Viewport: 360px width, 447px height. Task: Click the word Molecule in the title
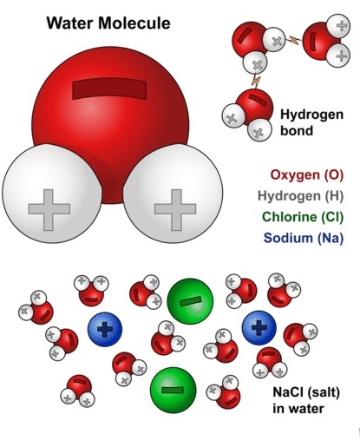134,23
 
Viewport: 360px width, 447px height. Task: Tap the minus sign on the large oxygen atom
109,89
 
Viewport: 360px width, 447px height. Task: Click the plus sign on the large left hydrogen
49,210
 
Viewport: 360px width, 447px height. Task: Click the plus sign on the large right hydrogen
175,210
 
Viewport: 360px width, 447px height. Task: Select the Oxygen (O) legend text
307,175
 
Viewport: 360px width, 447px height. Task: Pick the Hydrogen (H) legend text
300,196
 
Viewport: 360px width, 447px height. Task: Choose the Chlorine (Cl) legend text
303,217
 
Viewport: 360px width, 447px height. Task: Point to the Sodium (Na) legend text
304,238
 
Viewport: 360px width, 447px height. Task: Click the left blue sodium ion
105,329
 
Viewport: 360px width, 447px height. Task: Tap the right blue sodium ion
259,328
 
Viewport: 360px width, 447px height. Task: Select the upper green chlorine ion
190,301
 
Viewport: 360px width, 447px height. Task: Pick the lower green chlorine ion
173,390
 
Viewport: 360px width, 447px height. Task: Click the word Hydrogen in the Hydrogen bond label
311,115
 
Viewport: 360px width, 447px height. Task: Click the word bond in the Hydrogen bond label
297,130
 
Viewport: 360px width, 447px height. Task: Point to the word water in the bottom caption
306,409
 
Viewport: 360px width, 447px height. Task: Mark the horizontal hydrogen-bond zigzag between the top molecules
294,40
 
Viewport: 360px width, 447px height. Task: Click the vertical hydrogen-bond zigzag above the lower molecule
256,81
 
